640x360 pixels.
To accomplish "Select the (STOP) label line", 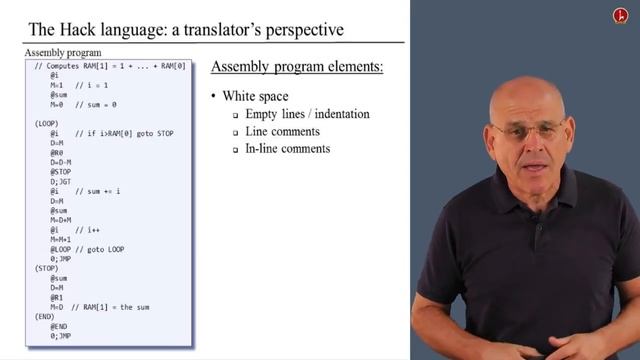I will (45, 268).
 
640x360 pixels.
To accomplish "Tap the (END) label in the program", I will (43, 315).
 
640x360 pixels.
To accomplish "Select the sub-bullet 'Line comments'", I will (283, 131).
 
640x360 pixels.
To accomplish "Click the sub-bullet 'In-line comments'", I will (288, 149).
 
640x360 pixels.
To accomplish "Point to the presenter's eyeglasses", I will (522, 131).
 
